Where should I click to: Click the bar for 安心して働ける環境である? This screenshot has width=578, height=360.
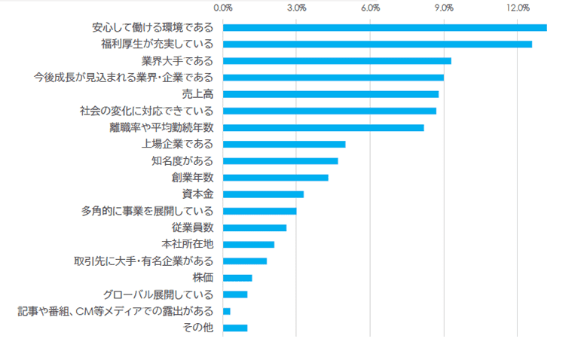click(x=384, y=28)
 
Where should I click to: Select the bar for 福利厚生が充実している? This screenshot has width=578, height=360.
click(x=377, y=44)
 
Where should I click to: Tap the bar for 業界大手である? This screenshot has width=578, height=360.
click(x=337, y=61)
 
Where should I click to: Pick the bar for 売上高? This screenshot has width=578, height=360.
click(x=331, y=94)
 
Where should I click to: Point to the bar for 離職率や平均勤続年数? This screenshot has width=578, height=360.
click(x=323, y=127)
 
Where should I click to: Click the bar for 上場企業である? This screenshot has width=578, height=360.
click(x=284, y=144)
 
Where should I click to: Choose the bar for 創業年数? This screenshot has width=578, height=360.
click(x=276, y=178)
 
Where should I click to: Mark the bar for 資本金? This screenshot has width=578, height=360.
click(x=263, y=194)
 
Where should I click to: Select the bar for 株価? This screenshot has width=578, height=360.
click(x=237, y=278)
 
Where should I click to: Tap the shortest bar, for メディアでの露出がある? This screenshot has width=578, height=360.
click(x=227, y=311)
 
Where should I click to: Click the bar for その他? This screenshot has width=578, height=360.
click(x=235, y=328)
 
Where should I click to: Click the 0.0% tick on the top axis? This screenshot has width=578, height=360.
click(x=223, y=8)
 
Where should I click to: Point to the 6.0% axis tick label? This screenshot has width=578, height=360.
click(x=370, y=8)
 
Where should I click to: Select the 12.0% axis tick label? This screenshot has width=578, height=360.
click(x=518, y=8)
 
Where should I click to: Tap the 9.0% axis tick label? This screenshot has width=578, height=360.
click(x=444, y=8)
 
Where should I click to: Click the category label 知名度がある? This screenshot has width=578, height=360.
click(x=182, y=160)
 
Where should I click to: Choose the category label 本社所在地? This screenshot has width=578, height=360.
click(x=188, y=244)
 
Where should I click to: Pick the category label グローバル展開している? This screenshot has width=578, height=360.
click(x=158, y=294)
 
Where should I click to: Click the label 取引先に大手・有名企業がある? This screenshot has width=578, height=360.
click(x=143, y=261)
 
